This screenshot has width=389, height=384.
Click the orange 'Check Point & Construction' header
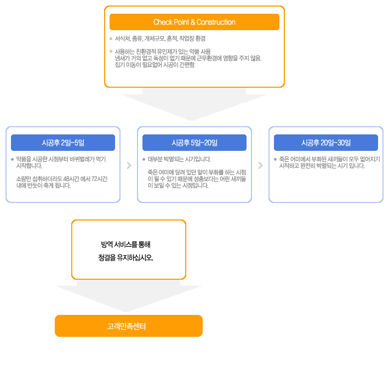[x=195, y=22]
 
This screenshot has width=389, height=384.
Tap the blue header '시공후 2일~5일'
[x=63, y=143]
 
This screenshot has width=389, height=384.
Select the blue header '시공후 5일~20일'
[x=195, y=143]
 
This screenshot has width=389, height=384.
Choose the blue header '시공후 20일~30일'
[x=326, y=143]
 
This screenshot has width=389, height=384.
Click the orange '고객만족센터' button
[x=129, y=326]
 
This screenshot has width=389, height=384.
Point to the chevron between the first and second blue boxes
[x=129, y=166]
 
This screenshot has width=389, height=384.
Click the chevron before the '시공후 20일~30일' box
[x=260, y=166]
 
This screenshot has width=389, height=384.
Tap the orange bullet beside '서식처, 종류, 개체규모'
[x=111, y=38]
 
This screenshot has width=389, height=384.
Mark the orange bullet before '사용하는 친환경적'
[x=111, y=52]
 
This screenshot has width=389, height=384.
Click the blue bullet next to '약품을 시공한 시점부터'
[x=13, y=159]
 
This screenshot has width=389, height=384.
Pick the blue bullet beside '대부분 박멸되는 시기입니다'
[x=144, y=159]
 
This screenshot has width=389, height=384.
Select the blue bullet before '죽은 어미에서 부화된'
[x=276, y=159]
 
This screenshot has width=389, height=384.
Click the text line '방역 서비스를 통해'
[x=125, y=245]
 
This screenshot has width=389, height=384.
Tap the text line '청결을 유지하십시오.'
[x=125, y=258]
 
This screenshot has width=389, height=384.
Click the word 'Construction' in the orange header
[x=216, y=22]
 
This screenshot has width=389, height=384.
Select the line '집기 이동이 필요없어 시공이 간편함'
[x=155, y=65]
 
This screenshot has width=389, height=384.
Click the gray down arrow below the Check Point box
[x=195, y=104]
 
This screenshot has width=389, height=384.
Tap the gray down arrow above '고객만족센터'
[x=129, y=296]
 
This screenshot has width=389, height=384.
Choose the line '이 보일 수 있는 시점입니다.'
[x=178, y=185]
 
